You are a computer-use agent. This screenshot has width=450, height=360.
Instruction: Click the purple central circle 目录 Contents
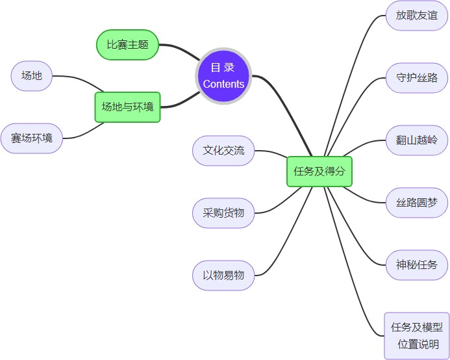pyautogui.click(x=223, y=75)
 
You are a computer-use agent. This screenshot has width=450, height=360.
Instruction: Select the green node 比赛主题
pyautogui.click(x=127, y=45)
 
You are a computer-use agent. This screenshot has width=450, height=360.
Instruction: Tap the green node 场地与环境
pyautogui.click(x=127, y=107)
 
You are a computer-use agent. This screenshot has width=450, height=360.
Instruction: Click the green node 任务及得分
pyautogui.click(x=319, y=172)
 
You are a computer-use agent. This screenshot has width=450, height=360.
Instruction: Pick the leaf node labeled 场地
pyautogui.click(x=31, y=76)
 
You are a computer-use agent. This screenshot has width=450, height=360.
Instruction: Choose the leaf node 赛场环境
pyautogui.click(x=31, y=138)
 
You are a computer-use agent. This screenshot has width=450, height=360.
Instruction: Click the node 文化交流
pyautogui.click(x=223, y=151)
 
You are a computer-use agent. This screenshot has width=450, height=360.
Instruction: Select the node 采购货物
pyautogui.click(x=223, y=212)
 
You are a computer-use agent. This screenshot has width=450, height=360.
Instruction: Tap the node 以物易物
pyautogui.click(x=223, y=275)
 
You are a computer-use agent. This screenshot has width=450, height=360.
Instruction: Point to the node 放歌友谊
pyautogui.click(x=416, y=16)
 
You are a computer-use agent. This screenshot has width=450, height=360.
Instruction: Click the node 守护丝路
pyautogui.click(x=416, y=78)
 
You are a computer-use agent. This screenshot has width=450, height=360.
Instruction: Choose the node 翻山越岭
pyautogui.click(x=416, y=140)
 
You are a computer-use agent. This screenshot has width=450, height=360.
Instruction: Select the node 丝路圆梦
pyautogui.click(x=416, y=202)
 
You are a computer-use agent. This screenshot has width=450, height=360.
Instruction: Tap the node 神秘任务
pyautogui.click(x=416, y=264)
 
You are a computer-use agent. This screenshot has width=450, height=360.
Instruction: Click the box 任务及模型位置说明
pyautogui.click(x=416, y=335)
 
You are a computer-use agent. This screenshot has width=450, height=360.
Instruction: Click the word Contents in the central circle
pyautogui.click(x=223, y=84)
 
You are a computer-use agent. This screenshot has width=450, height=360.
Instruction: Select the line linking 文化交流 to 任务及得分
pyautogui.click(x=271, y=153)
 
